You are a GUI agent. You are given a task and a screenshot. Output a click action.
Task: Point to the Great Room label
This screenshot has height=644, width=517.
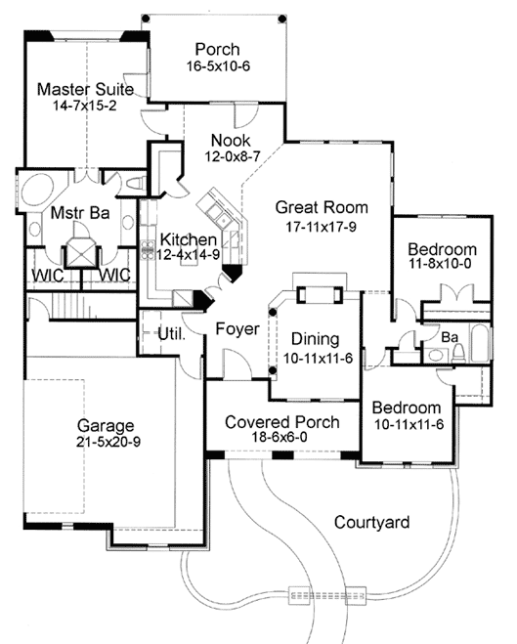pyautogui.click(x=321, y=206)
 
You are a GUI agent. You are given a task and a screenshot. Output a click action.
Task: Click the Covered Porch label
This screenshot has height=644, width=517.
pyautogui.click(x=281, y=422)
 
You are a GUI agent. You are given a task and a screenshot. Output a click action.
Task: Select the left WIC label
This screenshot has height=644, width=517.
pyautogui.click(x=46, y=276)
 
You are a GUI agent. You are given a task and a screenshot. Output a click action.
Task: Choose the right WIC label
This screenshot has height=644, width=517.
pyautogui.click(x=114, y=276)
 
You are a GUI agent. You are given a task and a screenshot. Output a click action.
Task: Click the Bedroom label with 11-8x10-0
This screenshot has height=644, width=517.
pyautogui.click(x=442, y=248)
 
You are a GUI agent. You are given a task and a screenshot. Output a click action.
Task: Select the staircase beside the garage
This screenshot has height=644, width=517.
pyautogui.click(x=75, y=308)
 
